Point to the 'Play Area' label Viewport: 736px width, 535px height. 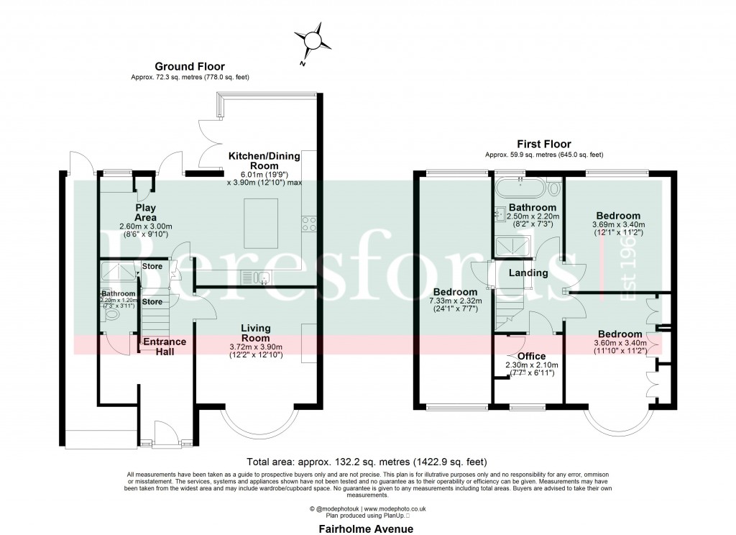146,213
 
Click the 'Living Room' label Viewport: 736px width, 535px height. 255,333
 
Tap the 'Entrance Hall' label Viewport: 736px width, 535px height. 165,347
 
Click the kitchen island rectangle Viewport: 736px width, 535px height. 262,222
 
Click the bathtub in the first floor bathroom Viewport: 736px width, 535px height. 520,189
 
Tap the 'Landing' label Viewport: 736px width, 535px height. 528,273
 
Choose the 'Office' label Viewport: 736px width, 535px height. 531,356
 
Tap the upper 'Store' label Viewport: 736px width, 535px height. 152,266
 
